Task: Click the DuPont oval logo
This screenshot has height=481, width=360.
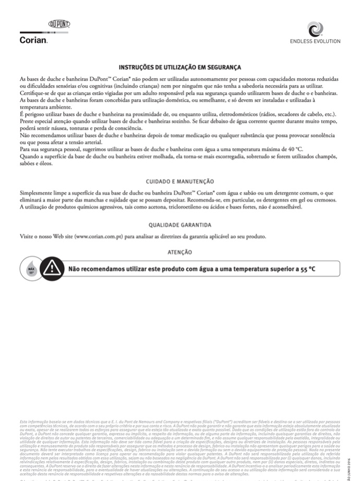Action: [59, 25]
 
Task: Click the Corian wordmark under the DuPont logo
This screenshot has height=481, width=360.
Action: [33, 40]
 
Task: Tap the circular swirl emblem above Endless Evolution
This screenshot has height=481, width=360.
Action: [315, 29]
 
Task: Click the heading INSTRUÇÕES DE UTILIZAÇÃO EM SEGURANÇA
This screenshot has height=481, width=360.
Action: [180, 67]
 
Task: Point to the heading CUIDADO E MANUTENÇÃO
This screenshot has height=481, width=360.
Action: [180, 181]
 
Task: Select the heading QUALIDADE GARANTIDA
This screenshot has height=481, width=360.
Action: [180, 225]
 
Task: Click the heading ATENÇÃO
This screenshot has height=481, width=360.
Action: [180, 252]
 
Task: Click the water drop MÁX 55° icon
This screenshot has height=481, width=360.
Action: [31, 269]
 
